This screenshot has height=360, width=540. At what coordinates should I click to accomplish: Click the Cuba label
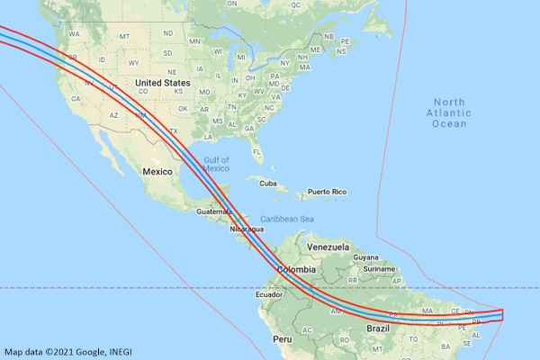click(x=267, y=183)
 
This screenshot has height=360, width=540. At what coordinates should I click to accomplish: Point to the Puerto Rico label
click(x=327, y=192)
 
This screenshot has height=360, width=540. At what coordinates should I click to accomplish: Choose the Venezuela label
click(x=327, y=247)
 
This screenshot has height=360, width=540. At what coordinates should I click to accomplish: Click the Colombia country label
click(x=296, y=270)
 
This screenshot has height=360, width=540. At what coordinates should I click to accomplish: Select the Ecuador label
click(x=270, y=294)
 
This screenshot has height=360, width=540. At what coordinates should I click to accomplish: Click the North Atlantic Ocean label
click(x=449, y=112)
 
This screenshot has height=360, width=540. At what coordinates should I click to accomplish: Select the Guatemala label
click(x=214, y=211)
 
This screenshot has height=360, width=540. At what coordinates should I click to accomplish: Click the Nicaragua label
click(x=247, y=229)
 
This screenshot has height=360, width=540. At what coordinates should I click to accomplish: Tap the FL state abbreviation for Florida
click(x=256, y=152)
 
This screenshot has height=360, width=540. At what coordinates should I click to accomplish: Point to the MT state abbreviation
click(x=124, y=36)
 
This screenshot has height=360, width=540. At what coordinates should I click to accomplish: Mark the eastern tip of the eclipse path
click(x=502, y=314)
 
